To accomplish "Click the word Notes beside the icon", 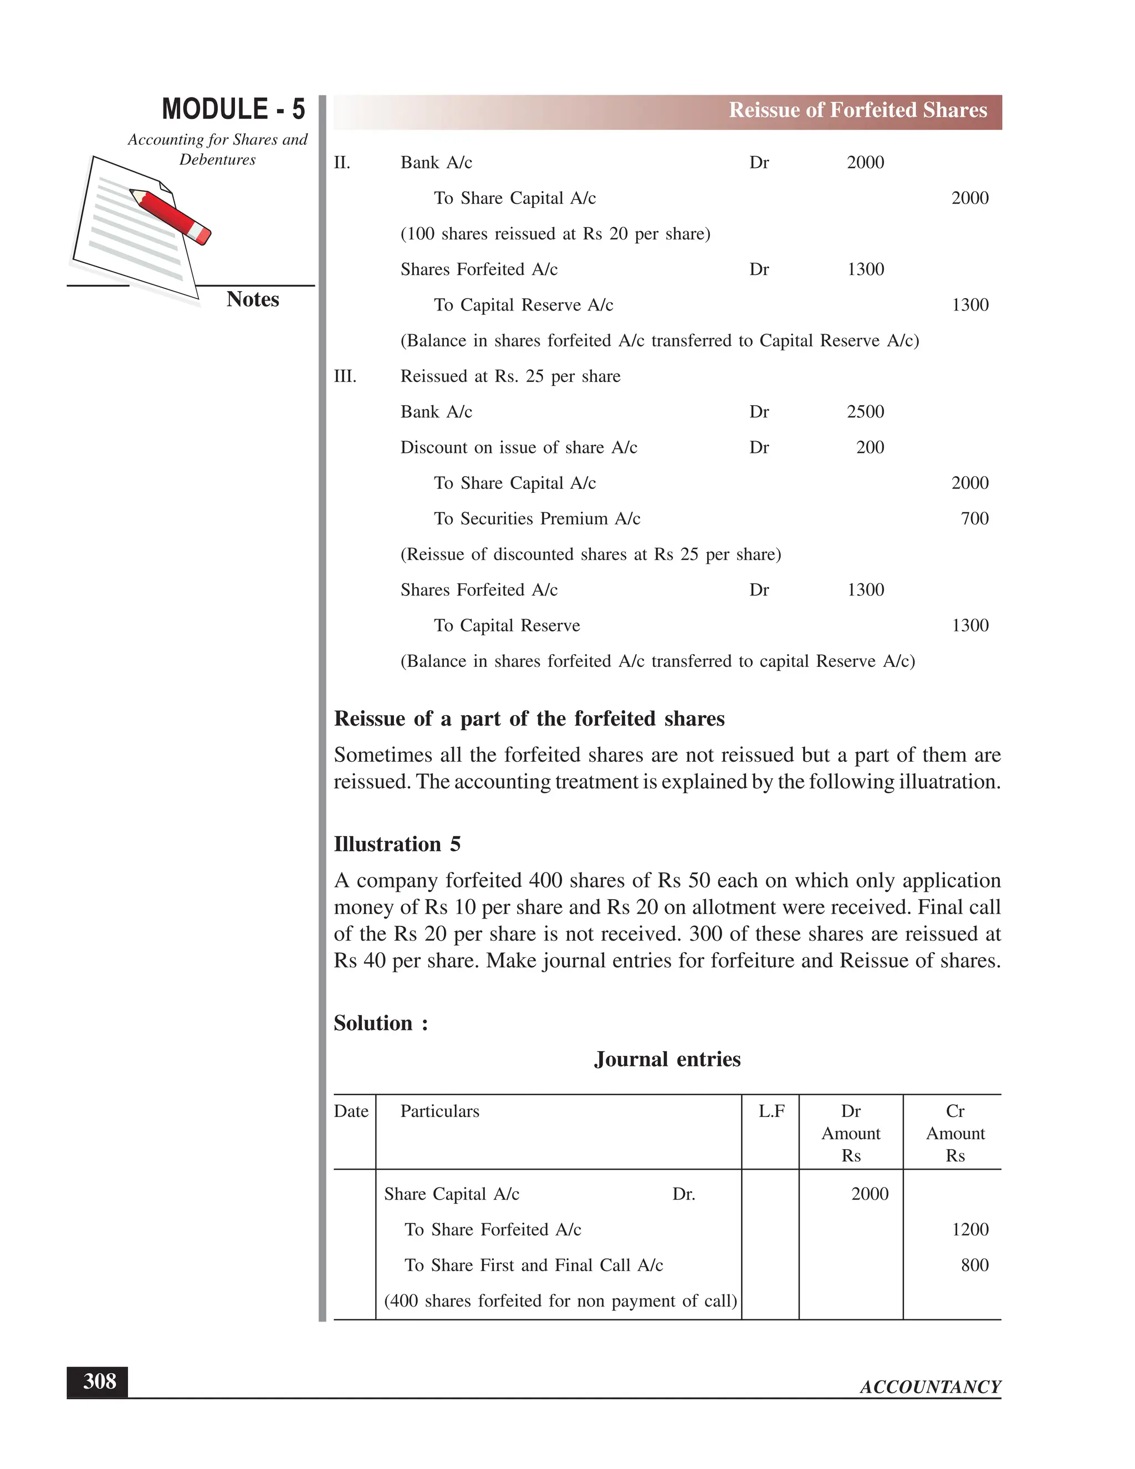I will pyautogui.click(x=252, y=299).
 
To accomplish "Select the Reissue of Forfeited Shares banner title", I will pyautogui.click(x=857, y=110).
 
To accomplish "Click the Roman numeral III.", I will pyautogui.click(x=345, y=376).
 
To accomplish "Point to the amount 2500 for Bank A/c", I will pyautogui.click(x=865, y=412).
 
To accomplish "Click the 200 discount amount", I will pyautogui.click(x=870, y=447).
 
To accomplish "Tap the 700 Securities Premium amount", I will pyautogui.click(x=974, y=519).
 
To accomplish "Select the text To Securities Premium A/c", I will pyautogui.click(x=536, y=519).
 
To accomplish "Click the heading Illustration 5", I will pyautogui.click(x=397, y=844).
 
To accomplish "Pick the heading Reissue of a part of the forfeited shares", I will pyautogui.click(x=529, y=719).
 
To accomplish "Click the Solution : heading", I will pyautogui.click(x=381, y=1023).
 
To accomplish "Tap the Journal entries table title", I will pyautogui.click(x=667, y=1059).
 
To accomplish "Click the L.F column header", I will pyautogui.click(x=771, y=1111).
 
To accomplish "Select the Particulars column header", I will pyautogui.click(x=439, y=1111).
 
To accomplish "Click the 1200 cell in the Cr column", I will pyautogui.click(x=970, y=1230).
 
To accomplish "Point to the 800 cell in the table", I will pyautogui.click(x=974, y=1265).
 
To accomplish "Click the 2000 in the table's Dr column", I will pyautogui.click(x=870, y=1194).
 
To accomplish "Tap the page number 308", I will pyautogui.click(x=99, y=1381).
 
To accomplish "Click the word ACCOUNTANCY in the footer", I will pyautogui.click(x=930, y=1387).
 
